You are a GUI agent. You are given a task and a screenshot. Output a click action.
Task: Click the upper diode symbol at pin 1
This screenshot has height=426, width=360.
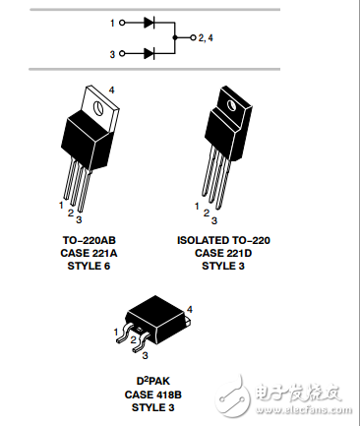point(150,23)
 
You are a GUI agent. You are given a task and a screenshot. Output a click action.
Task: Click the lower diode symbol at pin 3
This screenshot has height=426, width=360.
point(150,53)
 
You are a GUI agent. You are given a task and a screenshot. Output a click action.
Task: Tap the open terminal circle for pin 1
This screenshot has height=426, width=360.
point(122,23)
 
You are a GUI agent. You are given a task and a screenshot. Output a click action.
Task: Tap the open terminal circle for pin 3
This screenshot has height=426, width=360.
point(122,53)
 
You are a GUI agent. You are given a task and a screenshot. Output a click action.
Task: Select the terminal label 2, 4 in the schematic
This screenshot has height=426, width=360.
point(206,38)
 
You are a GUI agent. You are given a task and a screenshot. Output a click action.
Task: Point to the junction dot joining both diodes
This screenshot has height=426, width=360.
point(175,37)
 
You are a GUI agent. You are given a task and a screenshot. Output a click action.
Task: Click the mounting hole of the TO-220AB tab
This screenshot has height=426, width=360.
point(98,107)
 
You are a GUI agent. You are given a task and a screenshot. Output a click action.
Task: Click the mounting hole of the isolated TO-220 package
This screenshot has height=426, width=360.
point(231,104)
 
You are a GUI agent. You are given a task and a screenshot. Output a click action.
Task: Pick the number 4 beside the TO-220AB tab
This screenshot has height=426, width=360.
point(112,90)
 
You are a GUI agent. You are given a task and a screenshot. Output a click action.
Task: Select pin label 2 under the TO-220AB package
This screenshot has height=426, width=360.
point(71,213)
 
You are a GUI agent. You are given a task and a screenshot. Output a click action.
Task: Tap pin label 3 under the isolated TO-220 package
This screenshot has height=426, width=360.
point(214,220)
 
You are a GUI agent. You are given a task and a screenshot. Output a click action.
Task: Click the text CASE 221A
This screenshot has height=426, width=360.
point(89,253)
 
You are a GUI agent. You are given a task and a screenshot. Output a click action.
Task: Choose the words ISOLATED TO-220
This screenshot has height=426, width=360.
point(223,240)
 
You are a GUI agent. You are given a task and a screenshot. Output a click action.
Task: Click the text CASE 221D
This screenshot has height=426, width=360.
point(223,253)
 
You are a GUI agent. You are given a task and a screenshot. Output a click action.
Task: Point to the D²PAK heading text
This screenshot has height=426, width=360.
point(153,381)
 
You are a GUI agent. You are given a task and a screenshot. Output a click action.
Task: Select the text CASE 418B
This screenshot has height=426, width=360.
point(153,395)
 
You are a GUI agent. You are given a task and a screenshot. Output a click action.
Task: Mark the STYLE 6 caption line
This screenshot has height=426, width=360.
point(89,266)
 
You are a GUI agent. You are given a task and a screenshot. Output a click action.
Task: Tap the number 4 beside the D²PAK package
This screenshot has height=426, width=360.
point(190,309)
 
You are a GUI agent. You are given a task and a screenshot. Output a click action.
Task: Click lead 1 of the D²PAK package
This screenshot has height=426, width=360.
point(124,334)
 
